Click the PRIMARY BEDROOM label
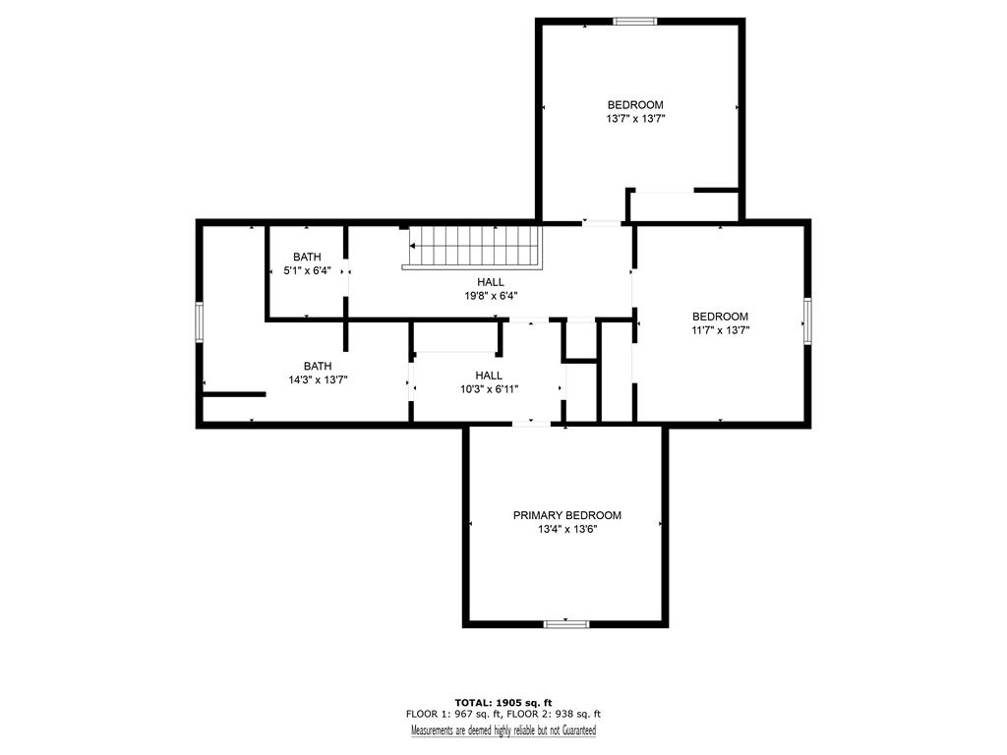[567, 515]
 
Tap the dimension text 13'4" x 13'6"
[567, 530]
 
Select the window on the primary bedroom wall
[566, 623]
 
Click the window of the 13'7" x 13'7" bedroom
[635, 22]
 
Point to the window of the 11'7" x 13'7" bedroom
[807, 321]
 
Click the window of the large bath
[200, 322]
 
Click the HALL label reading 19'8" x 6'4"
[491, 282]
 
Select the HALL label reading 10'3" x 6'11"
[490, 376]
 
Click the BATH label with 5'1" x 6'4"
[307, 257]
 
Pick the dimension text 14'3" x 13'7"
[318, 380]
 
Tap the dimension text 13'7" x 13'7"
[635, 119]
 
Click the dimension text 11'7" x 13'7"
[720, 330]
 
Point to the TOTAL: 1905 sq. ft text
[503, 702]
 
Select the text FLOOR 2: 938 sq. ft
[554, 714]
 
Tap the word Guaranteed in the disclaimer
[579, 730]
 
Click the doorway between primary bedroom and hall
[531, 424]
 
